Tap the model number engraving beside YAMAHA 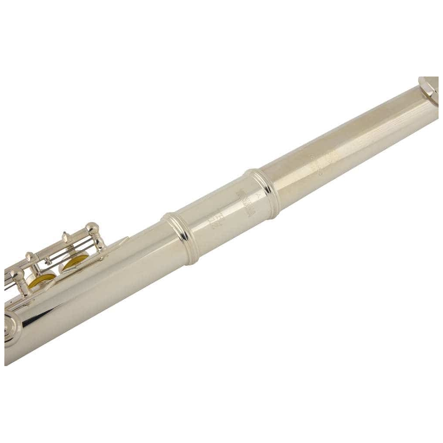point(222,215)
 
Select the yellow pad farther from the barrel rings point(41,279)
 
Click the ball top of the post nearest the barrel point(92,227)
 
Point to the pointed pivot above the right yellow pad point(65,237)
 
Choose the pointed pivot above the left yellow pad point(30,257)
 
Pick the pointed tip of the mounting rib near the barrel point(126,238)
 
